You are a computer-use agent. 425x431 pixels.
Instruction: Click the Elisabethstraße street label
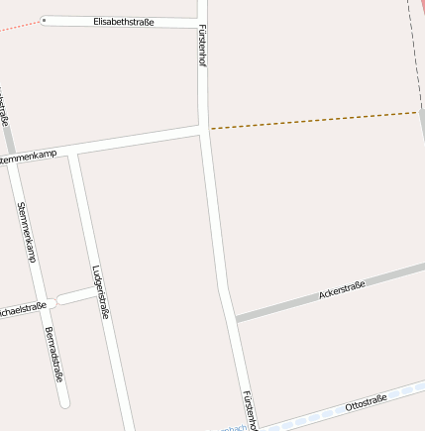[123, 21]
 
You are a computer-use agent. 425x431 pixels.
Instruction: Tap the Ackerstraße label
[342, 290]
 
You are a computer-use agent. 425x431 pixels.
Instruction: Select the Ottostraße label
[366, 403]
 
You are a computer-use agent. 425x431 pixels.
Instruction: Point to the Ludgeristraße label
[99, 291]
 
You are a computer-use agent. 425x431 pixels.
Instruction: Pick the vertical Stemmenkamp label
[27, 233]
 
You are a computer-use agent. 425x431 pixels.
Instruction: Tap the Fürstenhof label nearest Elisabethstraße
[202, 44]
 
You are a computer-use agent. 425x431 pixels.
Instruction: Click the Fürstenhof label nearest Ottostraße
[249, 409]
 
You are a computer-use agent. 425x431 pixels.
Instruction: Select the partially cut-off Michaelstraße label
[22, 308]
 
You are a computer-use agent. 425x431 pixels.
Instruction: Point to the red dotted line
[20, 26]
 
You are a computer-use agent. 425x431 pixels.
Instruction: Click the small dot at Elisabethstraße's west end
[44, 19]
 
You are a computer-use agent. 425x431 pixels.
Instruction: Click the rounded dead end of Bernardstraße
[64, 402]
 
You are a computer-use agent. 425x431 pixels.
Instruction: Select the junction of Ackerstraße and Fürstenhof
[233, 319]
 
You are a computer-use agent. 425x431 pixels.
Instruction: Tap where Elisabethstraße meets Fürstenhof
[202, 23]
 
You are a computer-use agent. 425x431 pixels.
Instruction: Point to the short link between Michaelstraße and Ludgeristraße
[76, 296]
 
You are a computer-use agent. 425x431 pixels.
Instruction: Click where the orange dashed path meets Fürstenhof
[208, 128]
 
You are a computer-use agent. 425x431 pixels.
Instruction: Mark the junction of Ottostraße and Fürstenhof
[257, 427]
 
